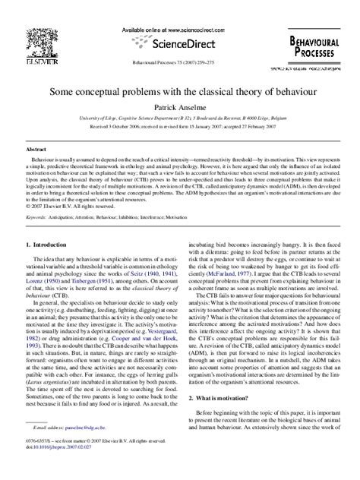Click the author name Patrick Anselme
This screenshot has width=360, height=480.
coord(180,109)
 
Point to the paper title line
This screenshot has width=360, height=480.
coord(180,90)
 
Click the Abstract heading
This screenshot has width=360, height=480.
coord(36,150)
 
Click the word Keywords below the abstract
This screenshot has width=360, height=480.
coord(36,216)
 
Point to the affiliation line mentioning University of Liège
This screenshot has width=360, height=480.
coord(180,119)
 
